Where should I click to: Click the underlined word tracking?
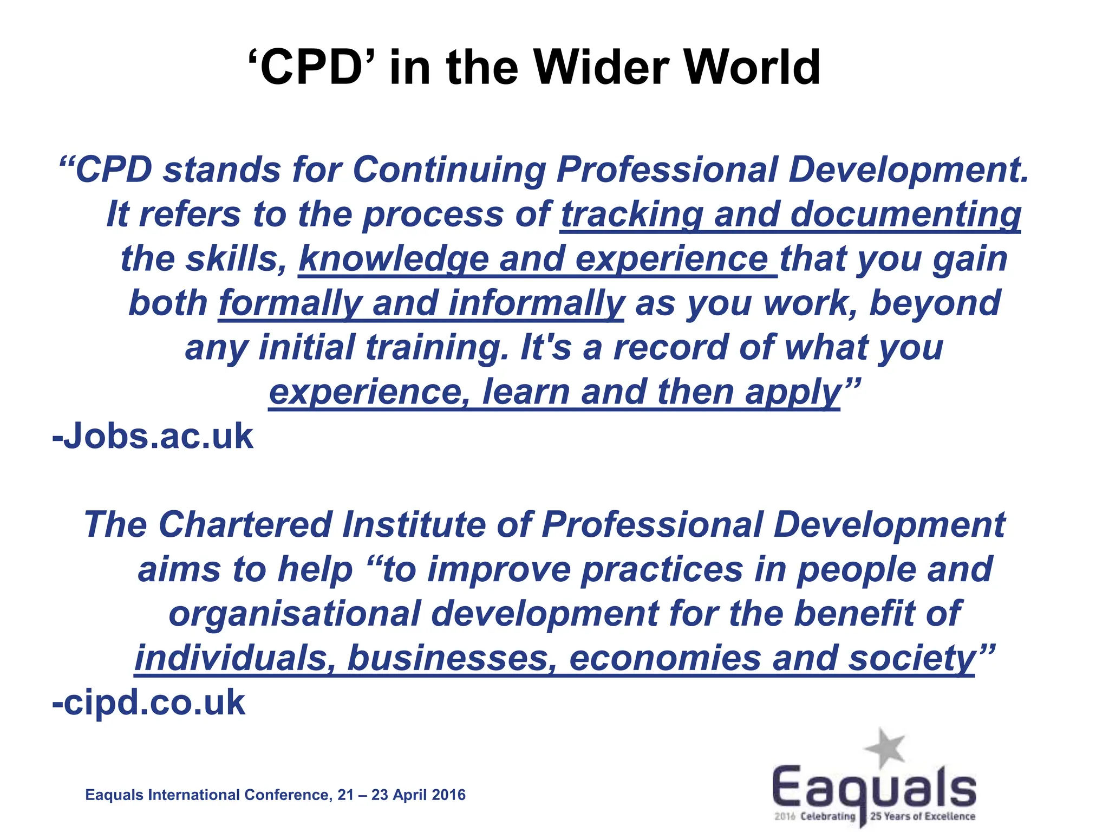[631, 214]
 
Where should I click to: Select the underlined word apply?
[793, 392]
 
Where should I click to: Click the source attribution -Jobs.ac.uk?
[153, 436]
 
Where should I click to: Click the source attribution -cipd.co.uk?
[149, 703]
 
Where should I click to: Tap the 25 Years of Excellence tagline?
[922, 816]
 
